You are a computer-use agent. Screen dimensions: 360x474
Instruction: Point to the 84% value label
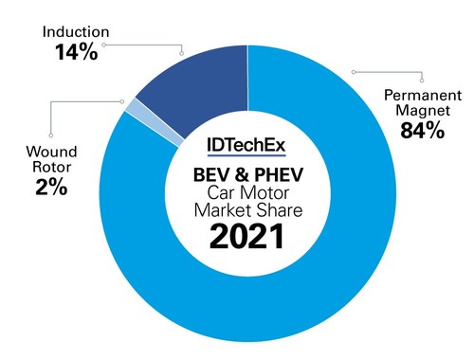coord(422,131)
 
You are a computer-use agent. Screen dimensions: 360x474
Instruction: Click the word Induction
coord(73,31)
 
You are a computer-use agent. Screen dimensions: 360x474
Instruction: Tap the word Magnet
coord(421,112)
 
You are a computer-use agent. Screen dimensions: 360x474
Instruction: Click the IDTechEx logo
coord(248,145)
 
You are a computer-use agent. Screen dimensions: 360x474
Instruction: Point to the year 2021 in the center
coord(247,235)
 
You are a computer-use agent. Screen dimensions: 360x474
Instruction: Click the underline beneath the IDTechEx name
coord(248,155)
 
